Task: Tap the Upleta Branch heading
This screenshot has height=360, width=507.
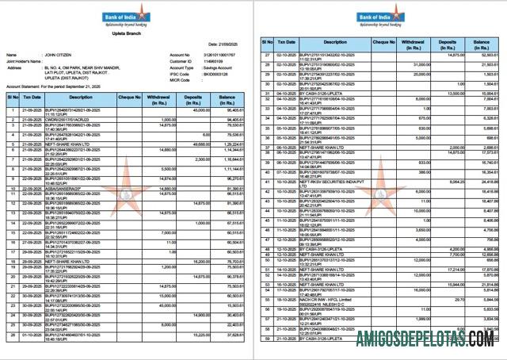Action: [x=124, y=35]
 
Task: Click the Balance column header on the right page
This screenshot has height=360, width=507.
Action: [x=481, y=40]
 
